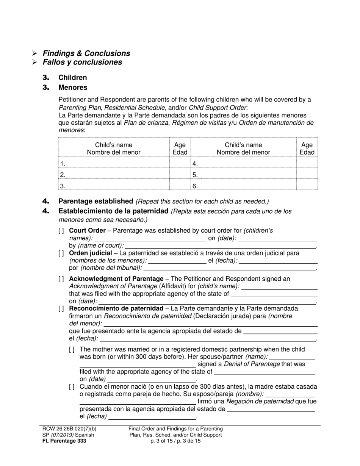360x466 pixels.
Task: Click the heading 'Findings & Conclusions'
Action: [86, 53]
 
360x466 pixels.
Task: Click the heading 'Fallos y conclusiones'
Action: [82, 62]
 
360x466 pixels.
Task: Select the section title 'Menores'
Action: [73, 88]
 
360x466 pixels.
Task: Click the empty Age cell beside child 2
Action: [180, 175]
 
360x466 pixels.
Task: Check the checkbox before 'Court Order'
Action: [61, 231]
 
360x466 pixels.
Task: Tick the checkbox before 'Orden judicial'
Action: [61, 253]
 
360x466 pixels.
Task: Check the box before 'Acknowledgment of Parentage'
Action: [61, 279]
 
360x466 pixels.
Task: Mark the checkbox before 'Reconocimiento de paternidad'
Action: [61, 308]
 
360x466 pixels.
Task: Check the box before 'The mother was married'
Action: [72, 349]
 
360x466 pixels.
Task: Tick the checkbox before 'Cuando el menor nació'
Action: [72, 387]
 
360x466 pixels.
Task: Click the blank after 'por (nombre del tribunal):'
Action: [229, 268]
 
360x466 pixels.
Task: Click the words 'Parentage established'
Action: [95, 201]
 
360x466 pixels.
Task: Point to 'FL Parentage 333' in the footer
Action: [64, 441]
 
